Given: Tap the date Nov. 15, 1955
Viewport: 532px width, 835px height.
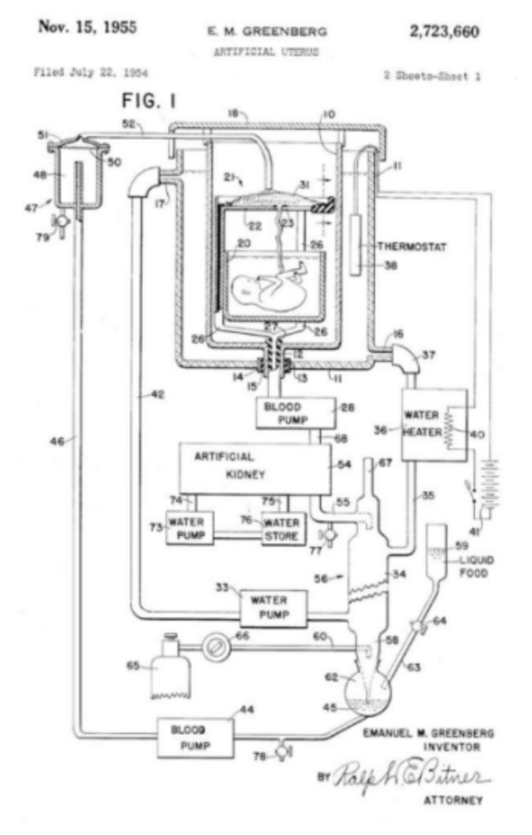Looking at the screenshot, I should [88, 28].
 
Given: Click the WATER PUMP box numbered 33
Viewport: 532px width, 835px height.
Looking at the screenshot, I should [274, 607].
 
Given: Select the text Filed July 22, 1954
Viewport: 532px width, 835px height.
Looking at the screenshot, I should [91, 74].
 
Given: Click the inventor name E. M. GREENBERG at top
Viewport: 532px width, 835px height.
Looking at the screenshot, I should [267, 32].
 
